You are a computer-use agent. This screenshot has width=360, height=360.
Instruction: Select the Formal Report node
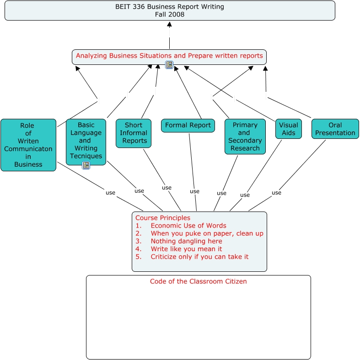coord(188,125)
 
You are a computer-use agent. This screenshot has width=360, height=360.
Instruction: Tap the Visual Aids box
coord(288,129)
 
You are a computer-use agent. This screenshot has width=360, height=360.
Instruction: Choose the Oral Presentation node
coord(335,129)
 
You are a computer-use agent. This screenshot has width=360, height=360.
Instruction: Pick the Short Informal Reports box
coord(133,133)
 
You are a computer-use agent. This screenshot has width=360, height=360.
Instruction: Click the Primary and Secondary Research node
coord(245,137)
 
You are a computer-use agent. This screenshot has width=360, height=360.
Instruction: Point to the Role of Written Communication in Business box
coord(28,145)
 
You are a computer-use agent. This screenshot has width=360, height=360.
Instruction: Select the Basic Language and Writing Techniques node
coord(86,137)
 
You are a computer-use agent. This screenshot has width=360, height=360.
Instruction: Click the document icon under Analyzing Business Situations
coord(169,65)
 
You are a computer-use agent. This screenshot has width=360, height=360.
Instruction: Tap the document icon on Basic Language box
coord(86,165)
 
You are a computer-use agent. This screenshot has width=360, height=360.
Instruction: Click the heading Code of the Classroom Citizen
coord(198,281)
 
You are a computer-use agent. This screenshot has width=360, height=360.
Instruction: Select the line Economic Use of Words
coord(188,226)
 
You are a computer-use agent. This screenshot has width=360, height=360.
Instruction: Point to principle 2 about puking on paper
coord(207,233)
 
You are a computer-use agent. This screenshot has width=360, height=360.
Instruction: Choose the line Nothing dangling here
coord(186,241)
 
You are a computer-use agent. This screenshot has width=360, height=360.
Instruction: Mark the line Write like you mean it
coord(186,249)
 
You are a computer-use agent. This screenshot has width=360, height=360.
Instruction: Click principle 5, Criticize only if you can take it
coord(199,257)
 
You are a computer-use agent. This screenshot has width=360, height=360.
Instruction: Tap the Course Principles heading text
coord(163,218)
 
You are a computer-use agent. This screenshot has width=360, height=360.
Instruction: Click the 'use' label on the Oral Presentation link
coord(276,193)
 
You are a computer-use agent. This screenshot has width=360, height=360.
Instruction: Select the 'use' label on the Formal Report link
coord(194,191)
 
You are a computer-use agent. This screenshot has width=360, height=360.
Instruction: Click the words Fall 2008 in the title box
coord(170,15)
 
